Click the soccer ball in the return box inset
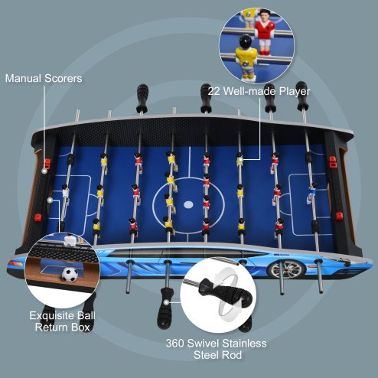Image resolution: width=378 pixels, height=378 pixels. coord(70,273)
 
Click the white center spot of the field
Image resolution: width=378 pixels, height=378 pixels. coord(187,204)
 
